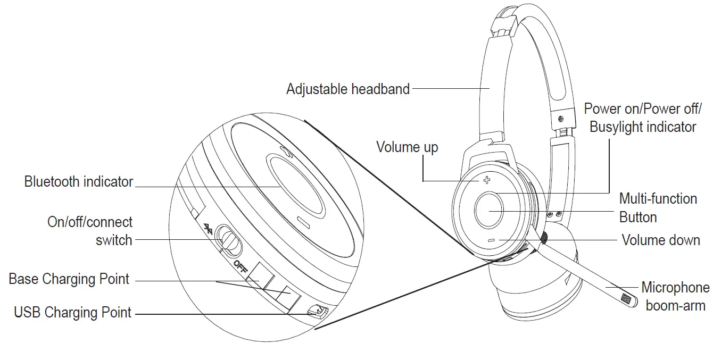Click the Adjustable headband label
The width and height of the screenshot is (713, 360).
(x=348, y=89)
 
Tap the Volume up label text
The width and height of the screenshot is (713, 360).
(x=407, y=147)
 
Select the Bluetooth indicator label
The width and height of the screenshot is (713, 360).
(x=79, y=182)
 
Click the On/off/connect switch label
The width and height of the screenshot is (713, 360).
(x=90, y=231)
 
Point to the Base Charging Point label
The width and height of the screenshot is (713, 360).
(x=69, y=279)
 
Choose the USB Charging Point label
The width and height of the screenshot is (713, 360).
(x=72, y=313)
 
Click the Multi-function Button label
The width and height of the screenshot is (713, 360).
(x=658, y=208)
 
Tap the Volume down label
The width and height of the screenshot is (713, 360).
(x=661, y=240)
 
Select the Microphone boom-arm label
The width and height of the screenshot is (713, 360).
(x=675, y=297)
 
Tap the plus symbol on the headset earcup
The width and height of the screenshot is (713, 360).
(x=486, y=180)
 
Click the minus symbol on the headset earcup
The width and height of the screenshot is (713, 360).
(x=491, y=240)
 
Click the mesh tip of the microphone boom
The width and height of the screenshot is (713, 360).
(x=629, y=300)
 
